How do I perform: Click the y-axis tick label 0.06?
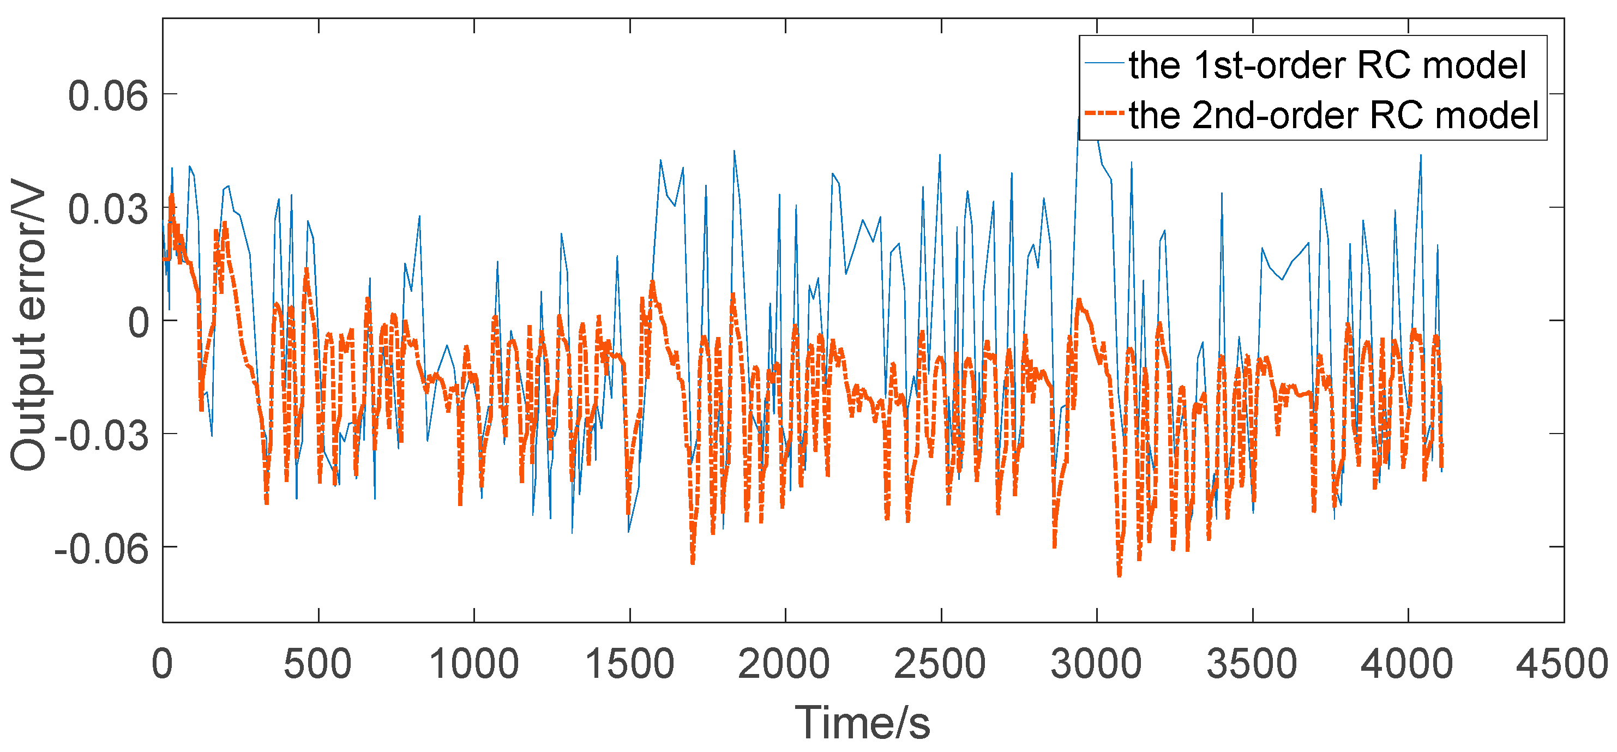click(108, 96)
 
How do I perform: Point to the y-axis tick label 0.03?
click(108, 209)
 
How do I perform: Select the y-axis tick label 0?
click(139, 323)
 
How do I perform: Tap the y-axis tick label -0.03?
click(101, 435)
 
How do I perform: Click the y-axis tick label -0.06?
click(101, 549)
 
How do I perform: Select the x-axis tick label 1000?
click(473, 664)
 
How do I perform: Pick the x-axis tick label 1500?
click(629, 664)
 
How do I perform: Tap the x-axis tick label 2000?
click(784, 664)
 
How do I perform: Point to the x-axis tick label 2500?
click(940, 664)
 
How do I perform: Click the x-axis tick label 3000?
click(1096, 664)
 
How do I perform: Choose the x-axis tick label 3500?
click(1252, 664)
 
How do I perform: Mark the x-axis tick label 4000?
click(1406, 664)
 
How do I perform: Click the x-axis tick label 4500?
click(1562, 664)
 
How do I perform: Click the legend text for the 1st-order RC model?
click(1327, 65)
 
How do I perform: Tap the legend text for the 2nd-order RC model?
click(1334, 116)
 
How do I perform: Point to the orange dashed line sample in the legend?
click(1103, 113)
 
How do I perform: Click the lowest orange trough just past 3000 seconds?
click(1119, 574)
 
